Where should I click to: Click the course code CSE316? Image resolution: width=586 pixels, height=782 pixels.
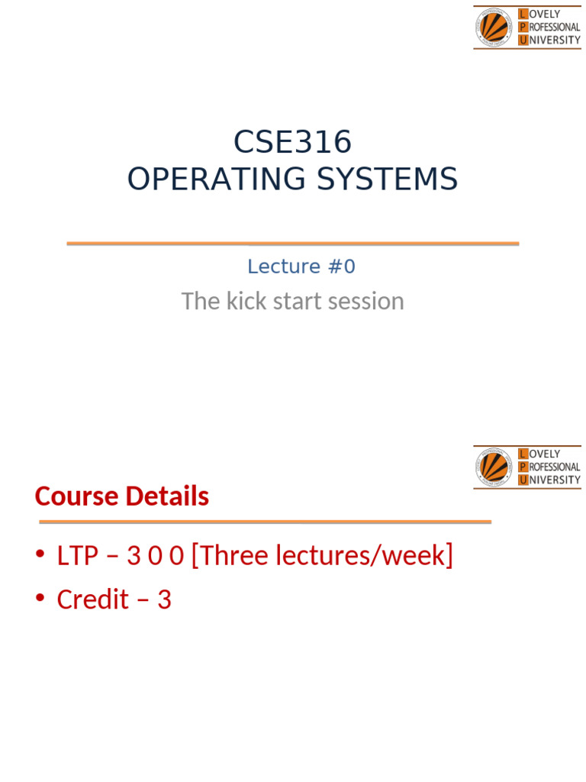[x=292, y=142]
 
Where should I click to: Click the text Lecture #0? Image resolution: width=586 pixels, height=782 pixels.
[x=301, y=267]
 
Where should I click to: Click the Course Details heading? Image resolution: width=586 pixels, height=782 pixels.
[x=121, y=496]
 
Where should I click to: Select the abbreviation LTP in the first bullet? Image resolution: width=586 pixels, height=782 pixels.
[x=78, y=556]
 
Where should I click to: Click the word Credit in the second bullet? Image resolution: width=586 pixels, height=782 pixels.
[x=92, y=600]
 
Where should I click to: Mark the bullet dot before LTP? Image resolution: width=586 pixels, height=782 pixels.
[x=40, y=556]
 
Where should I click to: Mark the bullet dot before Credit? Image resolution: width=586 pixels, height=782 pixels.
[x=40, y=600]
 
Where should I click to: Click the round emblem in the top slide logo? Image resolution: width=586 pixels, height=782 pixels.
[x=494, y=27]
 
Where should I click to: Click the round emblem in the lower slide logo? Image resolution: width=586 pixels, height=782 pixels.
[x=494, y=467]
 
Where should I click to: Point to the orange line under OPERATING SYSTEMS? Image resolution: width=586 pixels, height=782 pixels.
[x=292, y=244]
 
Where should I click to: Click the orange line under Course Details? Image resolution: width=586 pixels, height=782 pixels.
[x=265, y=522]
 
